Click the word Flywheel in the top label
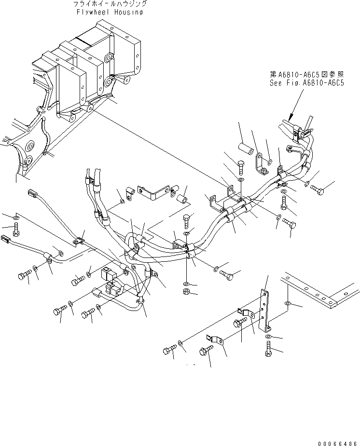[x=92, y=12]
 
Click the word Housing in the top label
[x=127, y=12]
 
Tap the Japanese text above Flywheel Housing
[x=111, y=4]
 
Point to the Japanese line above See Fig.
[x=306, y=75]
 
